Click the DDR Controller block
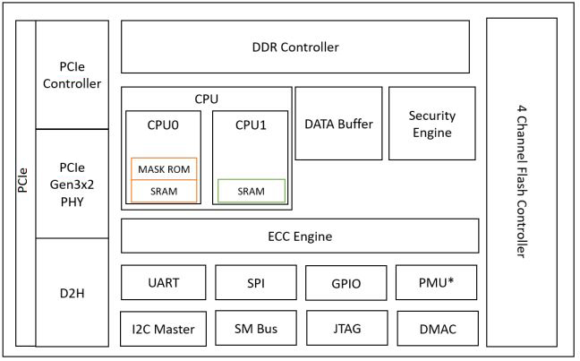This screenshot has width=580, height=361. (295, 47)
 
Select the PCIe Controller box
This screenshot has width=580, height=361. (72, 74)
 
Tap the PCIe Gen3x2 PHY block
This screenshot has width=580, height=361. (72, 184)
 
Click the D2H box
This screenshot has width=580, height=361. (72, 293)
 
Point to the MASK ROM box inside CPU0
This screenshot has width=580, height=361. (164, 168)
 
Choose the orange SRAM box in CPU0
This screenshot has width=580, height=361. (164, 191)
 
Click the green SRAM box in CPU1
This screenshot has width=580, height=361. (252, 191)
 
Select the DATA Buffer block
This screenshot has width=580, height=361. (338, 124)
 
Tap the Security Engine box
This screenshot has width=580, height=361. (432, 124)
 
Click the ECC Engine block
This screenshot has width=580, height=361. (300, 236)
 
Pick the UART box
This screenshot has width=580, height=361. (164, 282)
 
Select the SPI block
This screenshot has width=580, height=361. (256, 282)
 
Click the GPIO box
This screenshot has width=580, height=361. (346, 283)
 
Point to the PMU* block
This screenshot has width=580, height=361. (437, 282)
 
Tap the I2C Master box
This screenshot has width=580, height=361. (163, 329)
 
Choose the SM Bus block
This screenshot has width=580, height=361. (256, 328)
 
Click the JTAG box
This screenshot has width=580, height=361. (347, 328)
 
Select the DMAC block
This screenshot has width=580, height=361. (438, 329)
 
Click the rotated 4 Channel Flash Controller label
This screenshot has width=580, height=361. (522, 182)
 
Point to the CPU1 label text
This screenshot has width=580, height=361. (251, 125)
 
